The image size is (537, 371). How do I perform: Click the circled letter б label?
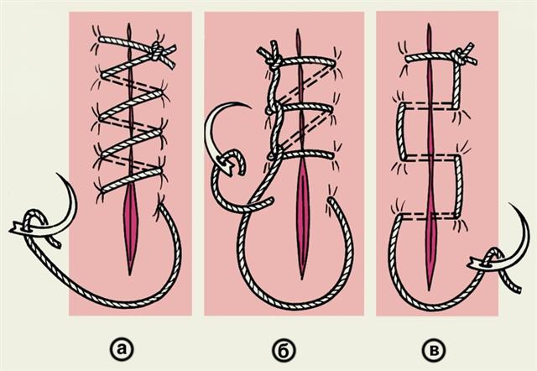tap(284, 350)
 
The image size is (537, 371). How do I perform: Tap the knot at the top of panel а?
tap(157, 50)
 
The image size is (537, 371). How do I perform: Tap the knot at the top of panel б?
tap(274, 61)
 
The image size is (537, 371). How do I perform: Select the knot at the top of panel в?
tap(459, 57)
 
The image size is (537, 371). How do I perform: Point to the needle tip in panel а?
tap(57, 174)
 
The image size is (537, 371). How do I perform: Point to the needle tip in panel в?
tap(509, 204)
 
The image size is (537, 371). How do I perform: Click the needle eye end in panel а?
tap(13, 228)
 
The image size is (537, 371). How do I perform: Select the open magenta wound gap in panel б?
tap(302, 219)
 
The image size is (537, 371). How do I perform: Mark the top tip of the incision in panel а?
tap(128, 24)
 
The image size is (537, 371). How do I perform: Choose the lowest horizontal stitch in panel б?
tap(301, 154)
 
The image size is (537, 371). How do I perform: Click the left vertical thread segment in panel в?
tap(401, 132)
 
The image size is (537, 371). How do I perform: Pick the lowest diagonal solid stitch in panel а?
tap(133, 179)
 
